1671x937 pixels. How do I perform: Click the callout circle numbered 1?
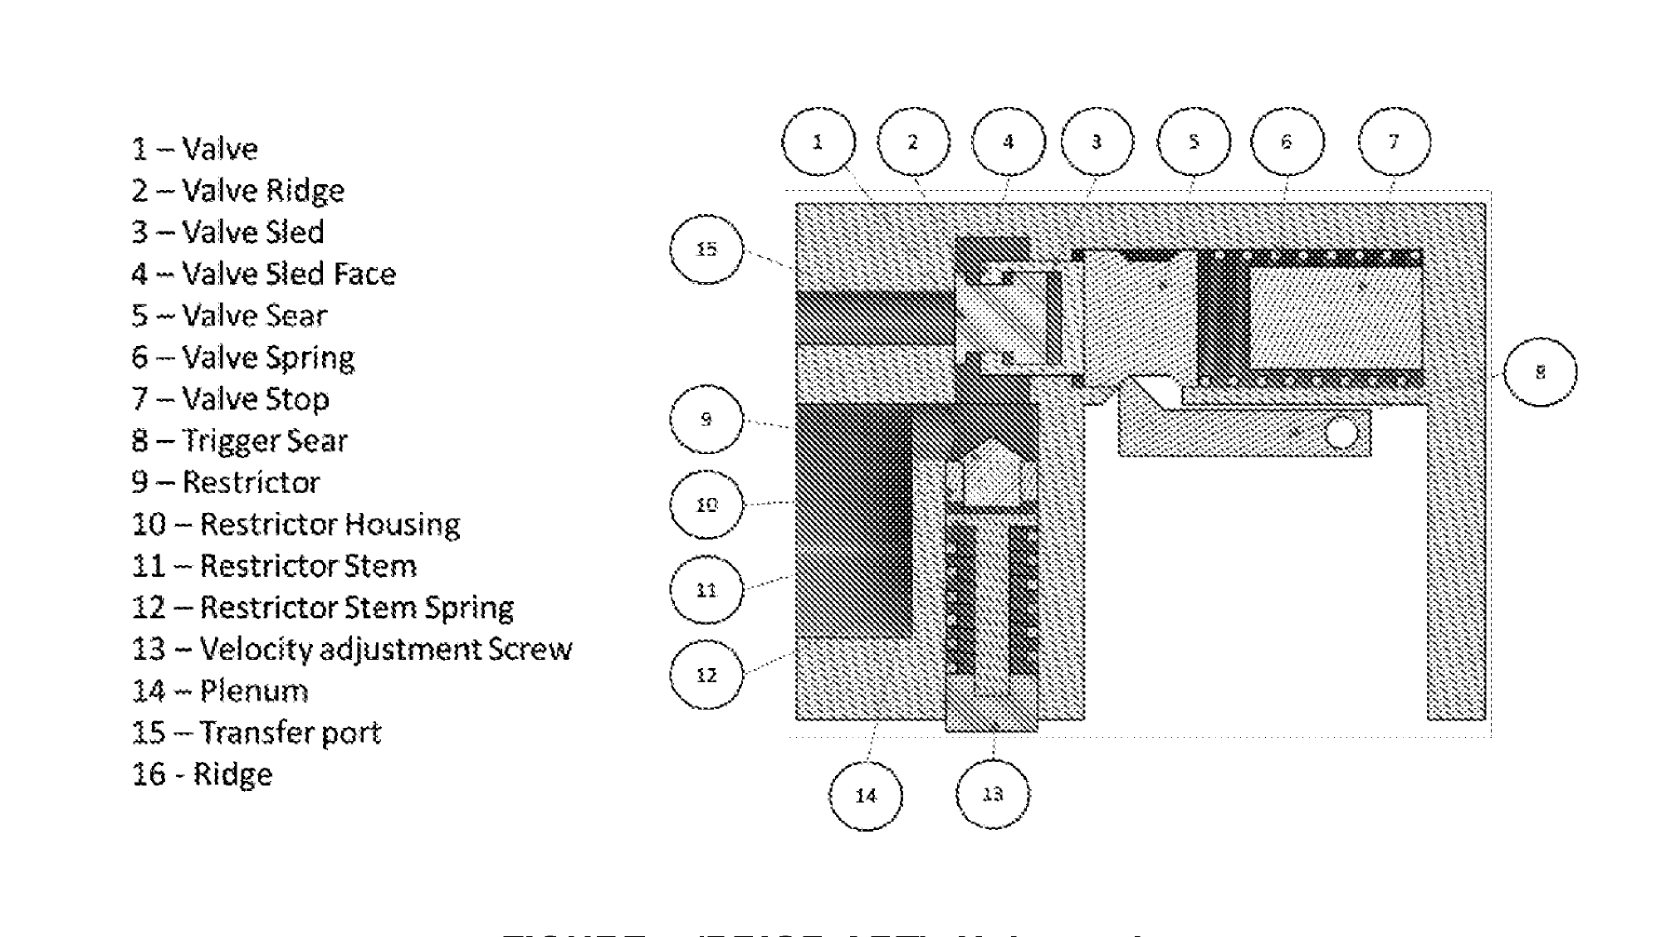[x=818, y=142]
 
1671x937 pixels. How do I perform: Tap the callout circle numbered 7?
[x=1394, y=142]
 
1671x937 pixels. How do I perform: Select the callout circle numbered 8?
[x=1540, y=372]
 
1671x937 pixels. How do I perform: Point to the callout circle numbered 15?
[x=706, y=249]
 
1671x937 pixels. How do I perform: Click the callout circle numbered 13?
[x=993, y=794]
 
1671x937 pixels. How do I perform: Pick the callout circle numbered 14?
[x=865, y=795]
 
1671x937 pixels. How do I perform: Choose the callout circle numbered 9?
[x=706, y=419]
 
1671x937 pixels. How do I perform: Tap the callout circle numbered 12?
[x=706, y=675]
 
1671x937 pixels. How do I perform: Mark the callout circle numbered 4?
[x=1008, y=142]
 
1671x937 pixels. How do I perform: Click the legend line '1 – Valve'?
[x=195, y=149]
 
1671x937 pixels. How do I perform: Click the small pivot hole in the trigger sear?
[x=1341, y=433]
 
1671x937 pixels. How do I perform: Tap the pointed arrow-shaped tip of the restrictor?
[x=989, y=452]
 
